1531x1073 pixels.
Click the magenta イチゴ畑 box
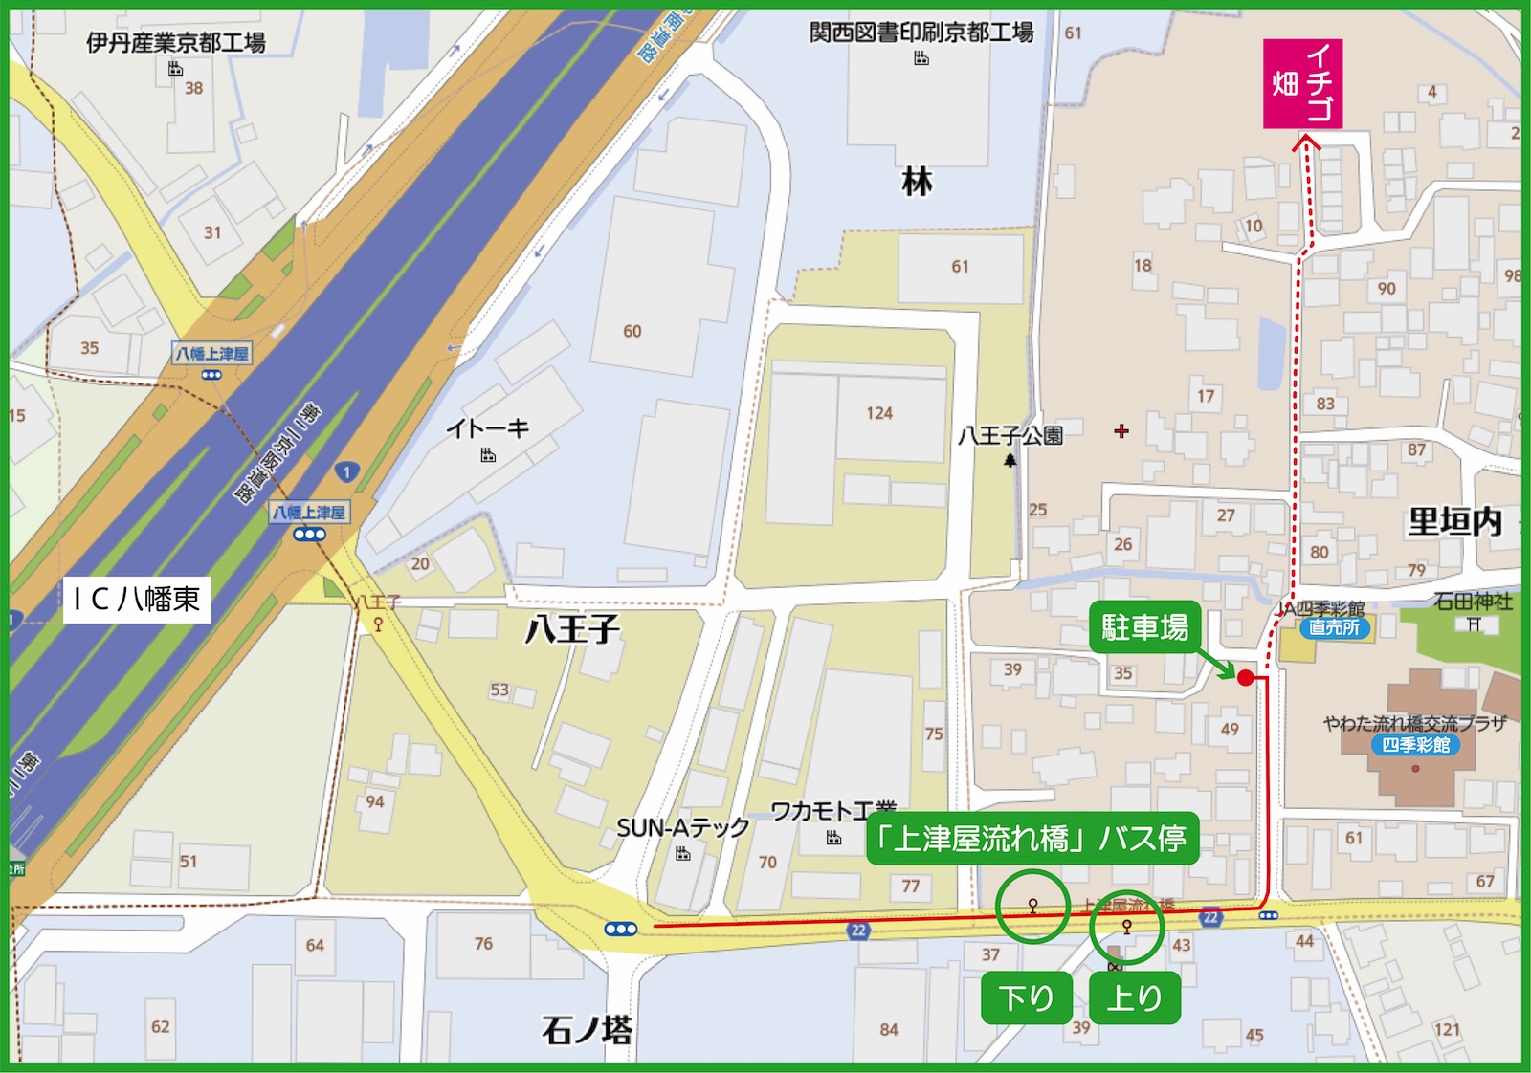pyautogui.click(x=1302, y=84)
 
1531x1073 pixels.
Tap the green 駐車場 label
pyautogui.click(x=1144, y=627)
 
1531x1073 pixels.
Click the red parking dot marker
pyautogui.click(x=1245, y=678)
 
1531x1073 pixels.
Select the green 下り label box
pyautogui.click(x=1026, y=998)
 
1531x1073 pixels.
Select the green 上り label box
pyautogui.click(x=1134, y=998)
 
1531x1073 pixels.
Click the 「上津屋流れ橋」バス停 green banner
pyautogui.click(x=1032, y=840)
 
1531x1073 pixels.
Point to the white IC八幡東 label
pyautogui.click(x=137, y=599)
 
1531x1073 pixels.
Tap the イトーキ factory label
pyautogui.click(x=487, y=428)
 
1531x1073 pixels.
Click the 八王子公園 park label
pyautogui.click(x=1010, y=436)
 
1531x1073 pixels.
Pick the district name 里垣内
pyautogui.click(x=1454, y=522)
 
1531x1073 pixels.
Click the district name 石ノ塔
pyautogui.click(x=587, y=1031)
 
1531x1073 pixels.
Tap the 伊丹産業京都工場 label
pyautogui.click(x=176, y=42)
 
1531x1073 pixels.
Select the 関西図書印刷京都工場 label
pyautogui.click(x=921, y=33)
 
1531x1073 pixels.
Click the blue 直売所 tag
pyautogui.click(x=1335, y=627)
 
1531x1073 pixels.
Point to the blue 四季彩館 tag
pyautogui.click(x=1415, y=745)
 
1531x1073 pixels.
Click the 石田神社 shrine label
pyautogui.click(x=1473, y=602)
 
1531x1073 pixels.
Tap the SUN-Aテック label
pyautogui.click(x=682, y=828)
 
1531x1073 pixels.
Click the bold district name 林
pyautogui.click(x=917, y=182)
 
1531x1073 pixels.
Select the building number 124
pyautogui.click(x=879, y=413)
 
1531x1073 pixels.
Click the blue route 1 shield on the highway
pyautogui.click(x=346, y=471)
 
